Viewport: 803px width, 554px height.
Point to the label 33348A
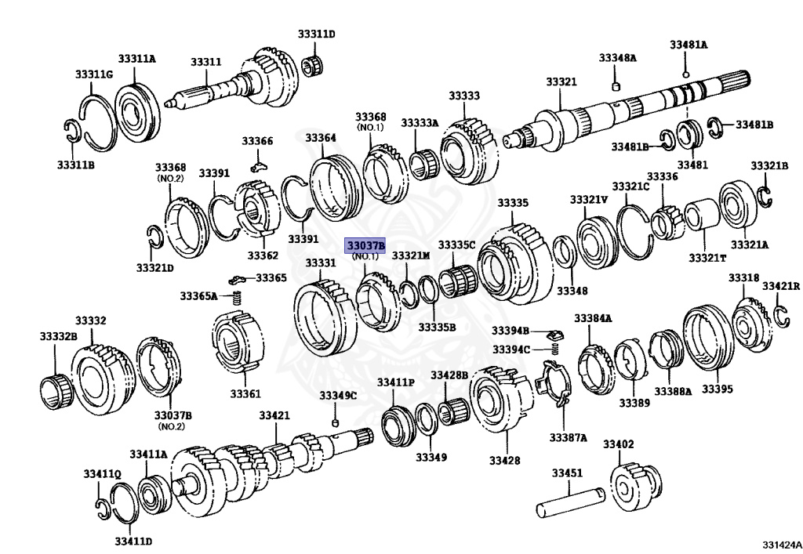click(x=618, y=58)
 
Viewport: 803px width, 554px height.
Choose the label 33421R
click(x=781, y=285)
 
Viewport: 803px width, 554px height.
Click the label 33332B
click(x=59, y=336)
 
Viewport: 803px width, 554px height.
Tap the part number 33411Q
click(x=102, y=474)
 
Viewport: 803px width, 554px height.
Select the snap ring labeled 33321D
click(x=155, y=234)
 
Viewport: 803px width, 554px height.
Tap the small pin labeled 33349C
click(x=336, y=423)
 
